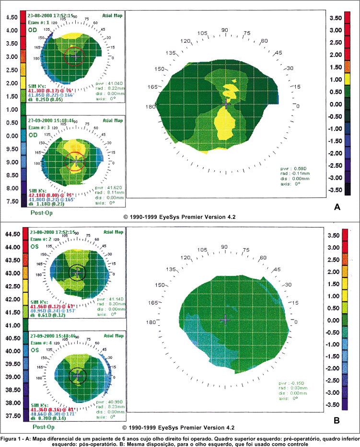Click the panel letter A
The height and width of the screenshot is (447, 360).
(x=337, y=207)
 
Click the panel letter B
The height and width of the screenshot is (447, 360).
(x=337, y=421)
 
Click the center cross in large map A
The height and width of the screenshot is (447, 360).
(x=226, y=103)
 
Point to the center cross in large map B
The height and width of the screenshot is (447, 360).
(x=225, y=319)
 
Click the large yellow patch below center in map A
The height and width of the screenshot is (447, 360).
(x=223, y=126)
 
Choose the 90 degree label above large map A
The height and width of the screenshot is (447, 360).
(x=223, y=30)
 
